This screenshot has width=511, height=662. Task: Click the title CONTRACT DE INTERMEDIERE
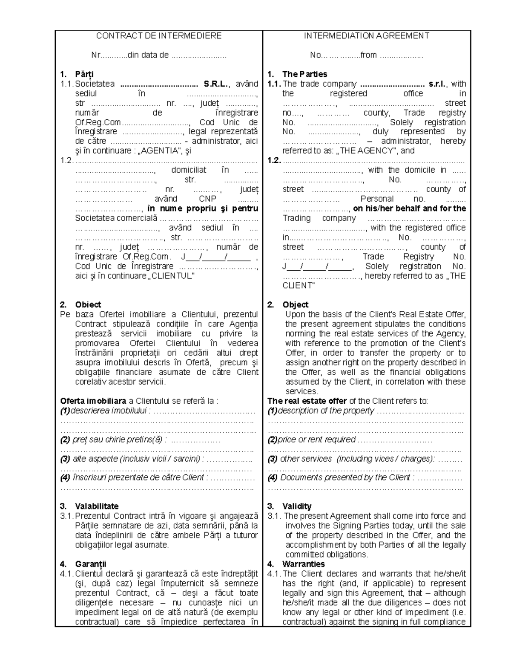coord(158,36)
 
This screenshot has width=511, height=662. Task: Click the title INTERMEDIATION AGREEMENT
coord(366,36)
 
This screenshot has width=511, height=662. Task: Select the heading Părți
coord(84,74)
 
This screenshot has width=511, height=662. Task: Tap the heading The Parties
coord(304,74)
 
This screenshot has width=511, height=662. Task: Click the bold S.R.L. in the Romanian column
coord(216,84)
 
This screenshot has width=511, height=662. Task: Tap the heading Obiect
coord(88,305)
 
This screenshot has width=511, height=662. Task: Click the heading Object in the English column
coord(295,305)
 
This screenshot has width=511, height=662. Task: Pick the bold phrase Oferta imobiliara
coord(93,401)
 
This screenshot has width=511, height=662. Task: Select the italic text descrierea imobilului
coord(109,411)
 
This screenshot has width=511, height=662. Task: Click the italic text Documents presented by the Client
coord(345,477)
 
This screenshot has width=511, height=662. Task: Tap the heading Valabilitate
coord(97,506)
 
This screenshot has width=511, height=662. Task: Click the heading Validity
coord(296,506)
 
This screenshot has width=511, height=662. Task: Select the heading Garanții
coord(90,564)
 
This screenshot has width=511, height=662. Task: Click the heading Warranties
coord(303,564)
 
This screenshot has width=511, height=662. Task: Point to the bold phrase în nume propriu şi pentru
coord(202,208)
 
